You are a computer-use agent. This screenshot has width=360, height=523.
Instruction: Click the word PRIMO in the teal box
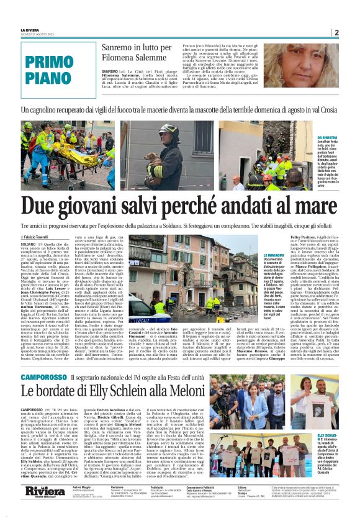[x=49, y=62]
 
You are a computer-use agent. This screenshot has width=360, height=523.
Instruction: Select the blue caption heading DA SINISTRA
[x=328, y=137]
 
